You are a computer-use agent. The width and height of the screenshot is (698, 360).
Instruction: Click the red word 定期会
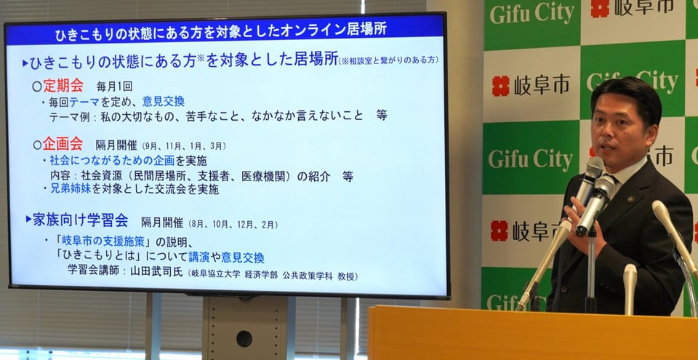pos(63,85)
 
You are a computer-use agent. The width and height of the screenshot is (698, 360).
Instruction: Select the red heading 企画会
pos(63,144)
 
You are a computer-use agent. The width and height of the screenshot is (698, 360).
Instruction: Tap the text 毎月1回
pos(114,87)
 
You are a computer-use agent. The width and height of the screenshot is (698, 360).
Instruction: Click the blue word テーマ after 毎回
pos(84,102)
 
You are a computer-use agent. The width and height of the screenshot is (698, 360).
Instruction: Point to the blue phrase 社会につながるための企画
pos(112,161)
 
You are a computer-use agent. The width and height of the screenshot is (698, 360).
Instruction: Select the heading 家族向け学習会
pos(81,220)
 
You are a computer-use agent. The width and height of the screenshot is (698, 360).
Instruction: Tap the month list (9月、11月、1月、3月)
pos(184,146)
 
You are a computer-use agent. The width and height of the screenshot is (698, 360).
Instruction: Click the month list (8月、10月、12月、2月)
pos(233,224)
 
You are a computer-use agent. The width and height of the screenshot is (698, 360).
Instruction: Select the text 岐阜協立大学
pos(216,275)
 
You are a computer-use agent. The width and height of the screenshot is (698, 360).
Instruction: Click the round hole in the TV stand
pos(244,339)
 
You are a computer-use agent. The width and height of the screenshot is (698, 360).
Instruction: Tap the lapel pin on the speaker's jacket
pos(629,199)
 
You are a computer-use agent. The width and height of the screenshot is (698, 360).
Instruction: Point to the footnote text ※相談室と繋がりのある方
pos(388,60)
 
